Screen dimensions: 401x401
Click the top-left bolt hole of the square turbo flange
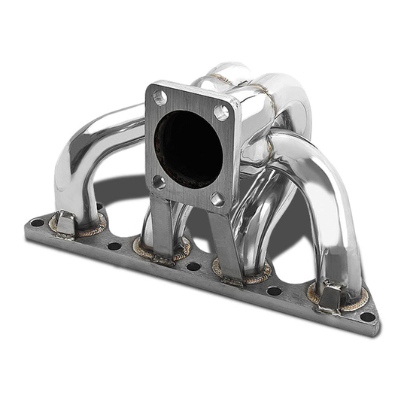point(159,97)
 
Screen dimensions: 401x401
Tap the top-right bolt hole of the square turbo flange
point(221,112)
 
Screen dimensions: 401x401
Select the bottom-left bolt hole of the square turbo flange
point(159,181)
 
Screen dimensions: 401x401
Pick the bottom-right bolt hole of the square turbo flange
point(217,199)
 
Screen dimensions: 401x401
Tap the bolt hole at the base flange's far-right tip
point(366,316)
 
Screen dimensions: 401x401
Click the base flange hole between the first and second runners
point(114,245)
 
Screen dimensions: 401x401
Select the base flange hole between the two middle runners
point(193,266)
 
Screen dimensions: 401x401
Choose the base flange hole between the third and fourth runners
point(275,290)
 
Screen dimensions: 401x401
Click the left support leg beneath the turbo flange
point(160,222)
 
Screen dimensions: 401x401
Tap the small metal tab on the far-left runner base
point(65,223)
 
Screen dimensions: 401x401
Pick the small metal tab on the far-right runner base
point(329,296)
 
